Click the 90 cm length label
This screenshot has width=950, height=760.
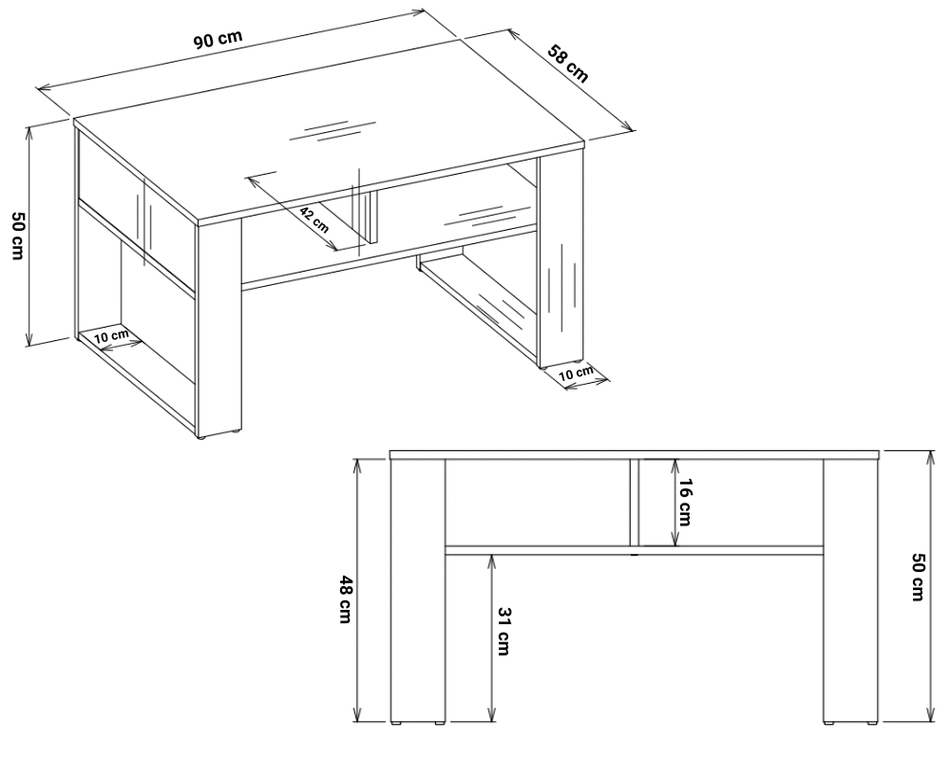click(218, 39)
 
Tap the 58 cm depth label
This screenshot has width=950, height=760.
click(568, 63)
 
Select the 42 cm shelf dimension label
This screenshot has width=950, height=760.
click(314, 220)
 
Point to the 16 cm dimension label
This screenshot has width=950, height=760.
click(683, 503)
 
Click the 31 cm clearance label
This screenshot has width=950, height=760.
click(503, 631)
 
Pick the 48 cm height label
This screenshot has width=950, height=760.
click(346, 600)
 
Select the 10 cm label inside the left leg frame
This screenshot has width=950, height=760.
click(111, 335)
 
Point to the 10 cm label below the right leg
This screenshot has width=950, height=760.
click(576, 372)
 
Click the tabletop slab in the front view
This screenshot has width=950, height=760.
click(634, 454)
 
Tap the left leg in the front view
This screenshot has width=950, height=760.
click(418, 590)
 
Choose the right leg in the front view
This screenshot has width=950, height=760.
click(850, 590)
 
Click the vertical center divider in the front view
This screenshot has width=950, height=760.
click(635, 503)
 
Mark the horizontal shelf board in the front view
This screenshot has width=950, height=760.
click(634, 550)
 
